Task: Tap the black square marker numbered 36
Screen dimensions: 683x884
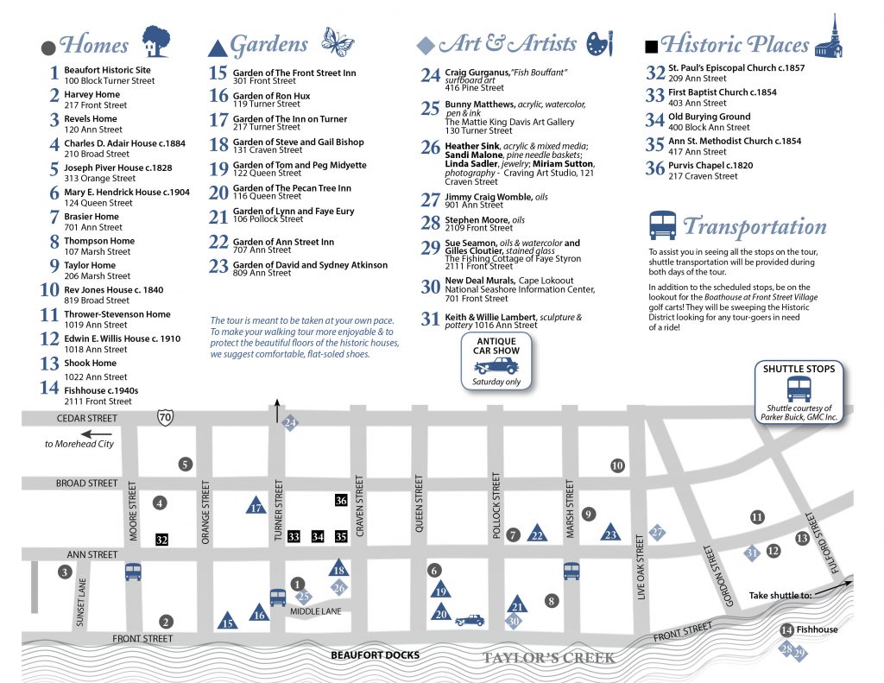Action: [341, 501]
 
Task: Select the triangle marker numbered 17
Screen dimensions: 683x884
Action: [256, 507]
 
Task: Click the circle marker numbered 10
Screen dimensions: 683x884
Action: [616, 466]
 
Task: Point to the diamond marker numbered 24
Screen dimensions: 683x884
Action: [290, 423]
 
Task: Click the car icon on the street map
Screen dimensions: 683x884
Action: [470, 619]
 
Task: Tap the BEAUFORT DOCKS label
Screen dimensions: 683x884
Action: [375, 655]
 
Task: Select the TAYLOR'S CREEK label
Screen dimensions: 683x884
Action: [548, 658]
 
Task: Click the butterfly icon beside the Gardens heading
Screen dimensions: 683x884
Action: [338, 41]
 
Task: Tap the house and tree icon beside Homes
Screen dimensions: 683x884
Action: [155, 41]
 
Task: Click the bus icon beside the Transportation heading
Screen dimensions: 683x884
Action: [662, 226]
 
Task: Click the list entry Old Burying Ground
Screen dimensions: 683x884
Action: [709, 117]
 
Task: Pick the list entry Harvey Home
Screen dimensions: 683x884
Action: [92, 94]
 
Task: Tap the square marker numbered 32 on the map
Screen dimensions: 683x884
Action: [161, 540]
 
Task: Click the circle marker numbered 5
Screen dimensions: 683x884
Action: [185, 465]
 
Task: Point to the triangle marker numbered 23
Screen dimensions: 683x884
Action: [611, 533]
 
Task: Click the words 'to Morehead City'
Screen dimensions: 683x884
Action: [79, 444]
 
